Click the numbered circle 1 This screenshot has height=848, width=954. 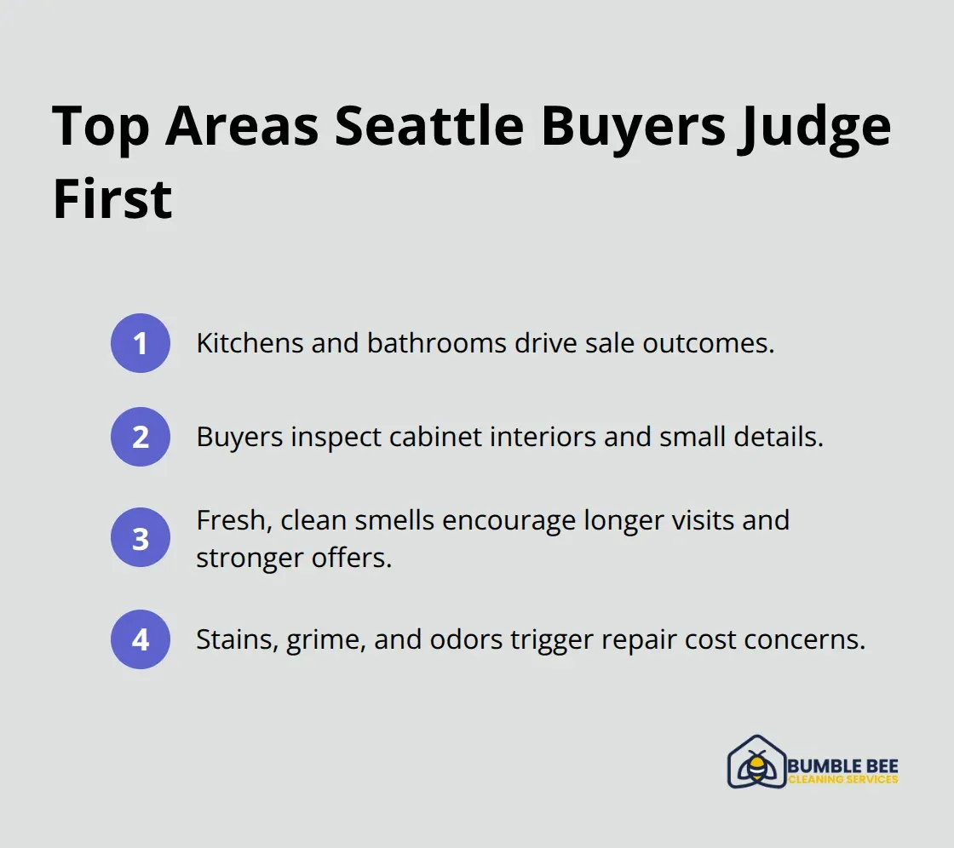tap(141, 343)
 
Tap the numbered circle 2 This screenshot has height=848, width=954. tap(141, 437)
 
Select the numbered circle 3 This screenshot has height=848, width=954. tap(141, 538)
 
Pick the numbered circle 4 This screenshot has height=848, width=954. tap(141, 639)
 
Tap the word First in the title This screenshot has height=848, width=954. tap(112, 199)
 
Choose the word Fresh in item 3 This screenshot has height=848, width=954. tap(225, 519)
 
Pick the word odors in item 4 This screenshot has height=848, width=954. tap(465, 639)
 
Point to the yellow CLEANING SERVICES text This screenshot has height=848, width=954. tap(842, 779)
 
